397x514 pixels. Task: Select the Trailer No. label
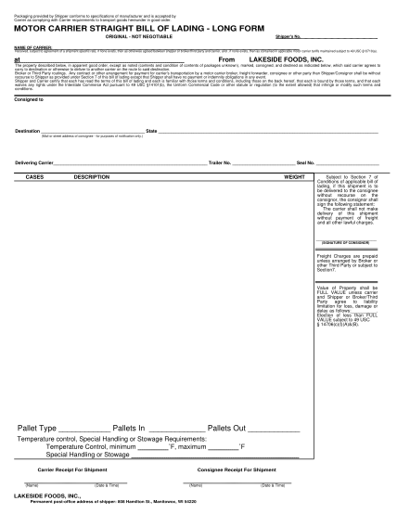click(x=218, y=188)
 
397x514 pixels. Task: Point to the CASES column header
click(x=35, y=200)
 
